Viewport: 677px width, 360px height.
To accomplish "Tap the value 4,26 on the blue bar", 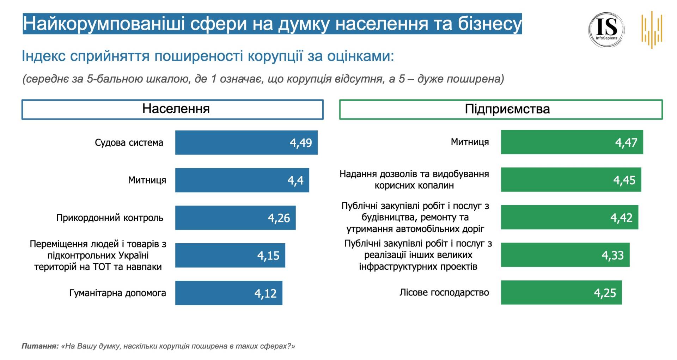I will click(x=279, y=218).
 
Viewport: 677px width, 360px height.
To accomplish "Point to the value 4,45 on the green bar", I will click(x=624, y=180).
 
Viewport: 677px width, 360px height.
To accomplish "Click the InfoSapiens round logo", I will click(x=606, y=30).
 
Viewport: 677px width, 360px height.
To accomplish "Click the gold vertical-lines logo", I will click(x=652, y=30).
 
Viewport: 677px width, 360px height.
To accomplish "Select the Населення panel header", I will click(x=172, y=109).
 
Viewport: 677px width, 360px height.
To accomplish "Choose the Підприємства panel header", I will click(x=501, y=109).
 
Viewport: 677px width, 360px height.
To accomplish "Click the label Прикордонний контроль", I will click(x=110, y=218).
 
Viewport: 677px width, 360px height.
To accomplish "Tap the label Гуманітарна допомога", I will click(x=117, y=293).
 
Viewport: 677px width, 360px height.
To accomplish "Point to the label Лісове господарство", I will click(x=444, y=292).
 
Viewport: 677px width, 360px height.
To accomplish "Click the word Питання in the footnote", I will click(x=39, y=346).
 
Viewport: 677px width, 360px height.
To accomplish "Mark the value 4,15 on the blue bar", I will click(x=268, y=256).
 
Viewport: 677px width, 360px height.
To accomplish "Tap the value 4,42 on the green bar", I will click(x=621, y=218).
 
